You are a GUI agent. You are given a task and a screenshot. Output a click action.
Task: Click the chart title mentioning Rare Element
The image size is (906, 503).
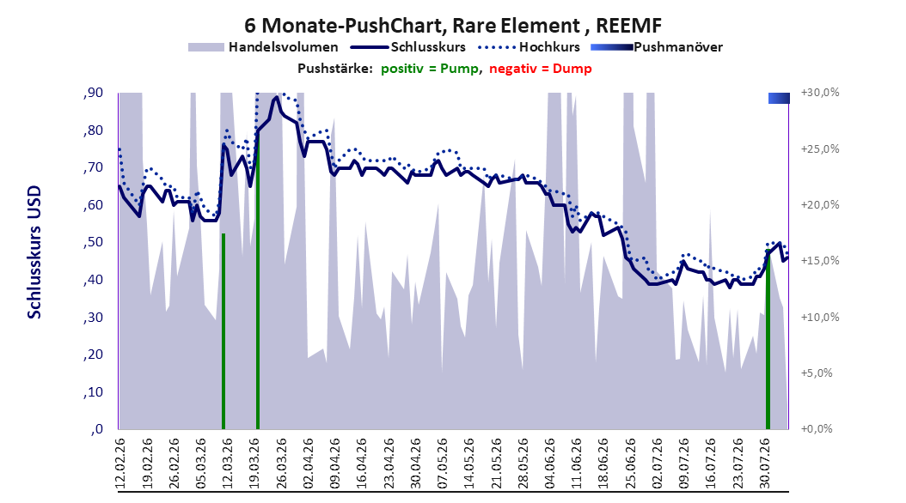tap(452, 26)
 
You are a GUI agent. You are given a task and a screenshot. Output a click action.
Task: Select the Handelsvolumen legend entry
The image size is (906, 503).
tap(264, 47)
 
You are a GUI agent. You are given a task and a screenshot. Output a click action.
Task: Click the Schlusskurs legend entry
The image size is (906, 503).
tap(408, 47)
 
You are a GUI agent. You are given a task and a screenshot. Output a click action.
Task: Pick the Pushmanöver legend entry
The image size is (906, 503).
tap(657, 47)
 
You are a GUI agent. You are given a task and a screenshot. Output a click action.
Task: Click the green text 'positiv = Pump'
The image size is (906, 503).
tap(429, 69)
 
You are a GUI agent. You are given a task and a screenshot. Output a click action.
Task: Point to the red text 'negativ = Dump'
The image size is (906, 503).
tap(541, 69)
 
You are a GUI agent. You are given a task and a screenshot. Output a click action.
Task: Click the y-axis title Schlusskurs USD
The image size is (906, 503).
tap(34, 252)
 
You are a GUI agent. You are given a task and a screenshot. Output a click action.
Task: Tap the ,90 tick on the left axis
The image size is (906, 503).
tap(93, 93)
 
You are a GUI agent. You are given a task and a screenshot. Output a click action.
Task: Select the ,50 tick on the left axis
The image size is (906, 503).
tap(93, 242)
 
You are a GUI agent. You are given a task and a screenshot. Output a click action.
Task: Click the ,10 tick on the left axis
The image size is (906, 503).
tap(93, 392)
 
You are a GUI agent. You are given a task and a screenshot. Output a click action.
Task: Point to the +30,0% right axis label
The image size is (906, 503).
tap(820, 93)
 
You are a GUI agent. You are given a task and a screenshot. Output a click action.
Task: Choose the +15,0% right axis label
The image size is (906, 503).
tap(820, 261)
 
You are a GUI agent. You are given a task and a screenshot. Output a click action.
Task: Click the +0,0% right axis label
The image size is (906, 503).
tap(817, 429)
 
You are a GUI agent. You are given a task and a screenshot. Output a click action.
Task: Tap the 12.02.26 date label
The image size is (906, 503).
tap(120, 464)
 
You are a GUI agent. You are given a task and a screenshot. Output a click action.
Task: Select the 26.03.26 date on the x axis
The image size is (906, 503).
tap(281, 464)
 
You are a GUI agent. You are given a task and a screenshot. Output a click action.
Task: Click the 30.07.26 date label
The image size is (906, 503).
tap(764, 464)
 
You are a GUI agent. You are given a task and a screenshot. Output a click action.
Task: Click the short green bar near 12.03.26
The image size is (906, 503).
tap(223, 331)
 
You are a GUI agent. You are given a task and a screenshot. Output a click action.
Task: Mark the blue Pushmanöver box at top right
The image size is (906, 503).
tap(779, 99)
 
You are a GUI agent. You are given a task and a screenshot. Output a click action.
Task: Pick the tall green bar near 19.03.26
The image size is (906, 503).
tap(258, 261)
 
